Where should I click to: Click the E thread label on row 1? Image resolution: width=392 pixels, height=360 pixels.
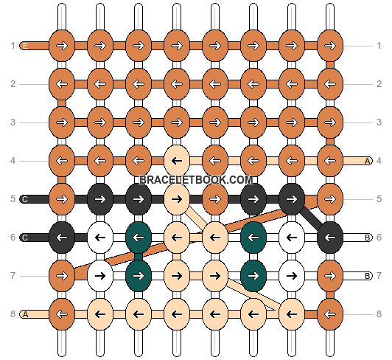[x=25, y=46]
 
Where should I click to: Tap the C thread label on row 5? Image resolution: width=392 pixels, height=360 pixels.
[x=25, y=199]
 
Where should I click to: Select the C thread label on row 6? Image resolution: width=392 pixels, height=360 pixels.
[x=25, y=238]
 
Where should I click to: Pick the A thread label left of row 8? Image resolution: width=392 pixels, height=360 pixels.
[x=25, y=314]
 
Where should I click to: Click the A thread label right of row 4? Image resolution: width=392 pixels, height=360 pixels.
[x=367, y=161]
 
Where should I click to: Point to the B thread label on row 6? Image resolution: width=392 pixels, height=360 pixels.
[x=367, y=238]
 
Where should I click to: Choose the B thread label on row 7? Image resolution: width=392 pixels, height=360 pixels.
[x=367, y=276]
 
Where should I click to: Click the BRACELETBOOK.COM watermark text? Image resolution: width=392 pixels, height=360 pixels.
[x=196, y=180]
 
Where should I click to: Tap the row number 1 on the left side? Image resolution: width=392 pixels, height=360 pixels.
[x=13, y=46]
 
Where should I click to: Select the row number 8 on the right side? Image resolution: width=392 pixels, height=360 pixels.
[x=379, y=314]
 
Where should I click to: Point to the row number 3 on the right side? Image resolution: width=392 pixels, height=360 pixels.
[x=379, y=122]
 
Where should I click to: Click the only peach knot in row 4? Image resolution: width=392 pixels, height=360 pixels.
[x=177, y=161]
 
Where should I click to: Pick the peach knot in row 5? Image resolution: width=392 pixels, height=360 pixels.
[x=177, y=199]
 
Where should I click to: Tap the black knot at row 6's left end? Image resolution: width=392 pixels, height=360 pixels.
[x=62, y=238]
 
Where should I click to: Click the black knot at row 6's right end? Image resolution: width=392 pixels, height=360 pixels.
[x=330, y=238]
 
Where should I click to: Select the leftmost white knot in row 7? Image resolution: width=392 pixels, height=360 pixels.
[x=100, y=276]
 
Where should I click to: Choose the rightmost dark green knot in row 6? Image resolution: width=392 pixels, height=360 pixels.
[x=253, y=238]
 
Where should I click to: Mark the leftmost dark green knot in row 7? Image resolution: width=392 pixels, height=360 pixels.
[x=139, y=276]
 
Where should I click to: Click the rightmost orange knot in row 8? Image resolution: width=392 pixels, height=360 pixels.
[x=330, y=314]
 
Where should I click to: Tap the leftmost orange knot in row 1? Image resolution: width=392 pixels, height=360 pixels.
[x=62, y=46]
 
